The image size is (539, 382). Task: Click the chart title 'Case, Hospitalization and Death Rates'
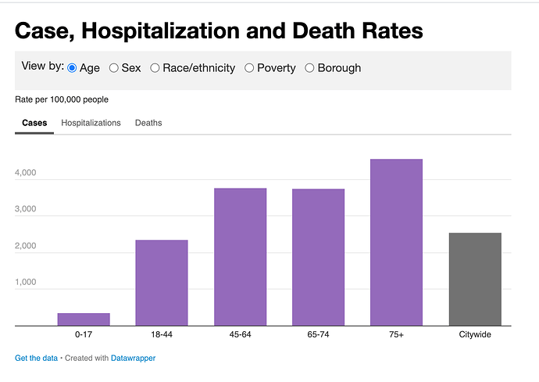click(219, 31)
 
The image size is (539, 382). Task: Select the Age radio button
click(73, 68)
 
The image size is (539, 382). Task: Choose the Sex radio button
click(114, 68)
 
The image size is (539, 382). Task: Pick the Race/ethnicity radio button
click(155, 68)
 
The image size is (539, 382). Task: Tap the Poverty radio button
click(250, 68)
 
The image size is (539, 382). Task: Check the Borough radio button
click(309, 68)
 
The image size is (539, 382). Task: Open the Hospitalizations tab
click(91, 123)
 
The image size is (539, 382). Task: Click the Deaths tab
click(148, 123)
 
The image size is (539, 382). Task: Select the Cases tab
click(34, 123)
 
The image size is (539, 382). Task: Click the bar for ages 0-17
click(84, 319)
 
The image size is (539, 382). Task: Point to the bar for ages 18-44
click(162, 283)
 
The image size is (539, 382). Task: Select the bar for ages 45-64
click(240, 257)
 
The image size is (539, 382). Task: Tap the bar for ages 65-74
click(318, 257)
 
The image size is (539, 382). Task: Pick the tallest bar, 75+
click(396, 242)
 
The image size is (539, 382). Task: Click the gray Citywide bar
click(475, 279)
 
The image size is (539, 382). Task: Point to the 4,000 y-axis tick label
click(26, 173)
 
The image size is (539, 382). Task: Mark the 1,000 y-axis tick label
click(26, 282)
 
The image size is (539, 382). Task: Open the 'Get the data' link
click(36, 358)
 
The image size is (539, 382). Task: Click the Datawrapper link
click(134, 358)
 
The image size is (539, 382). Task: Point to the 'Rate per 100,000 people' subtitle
click(62, 99)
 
